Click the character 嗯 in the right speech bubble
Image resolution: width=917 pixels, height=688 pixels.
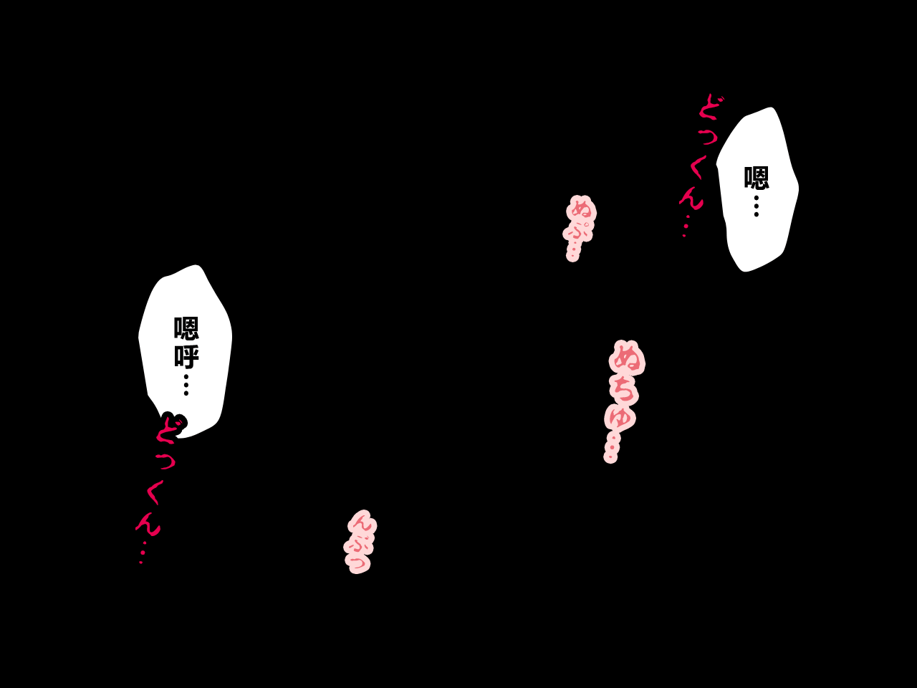[x=756, y=178]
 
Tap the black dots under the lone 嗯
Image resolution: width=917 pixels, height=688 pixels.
[x=756, y=206]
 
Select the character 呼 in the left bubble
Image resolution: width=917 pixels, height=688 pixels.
[x=186, y=357]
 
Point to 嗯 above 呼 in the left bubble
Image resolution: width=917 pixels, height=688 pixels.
[x=186, y=328]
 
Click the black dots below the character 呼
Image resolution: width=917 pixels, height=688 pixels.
[x=186, y=385]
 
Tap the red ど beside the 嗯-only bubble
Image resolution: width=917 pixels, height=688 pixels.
[x=711, y=107]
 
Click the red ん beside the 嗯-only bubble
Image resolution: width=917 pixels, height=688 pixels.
[x=691, y=198]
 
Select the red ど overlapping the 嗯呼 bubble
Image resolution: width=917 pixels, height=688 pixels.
[x=170, y=427]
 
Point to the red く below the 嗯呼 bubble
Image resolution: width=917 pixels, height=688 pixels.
[x=155, y=492]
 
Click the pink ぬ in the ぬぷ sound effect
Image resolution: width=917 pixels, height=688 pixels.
[x=582, y=208]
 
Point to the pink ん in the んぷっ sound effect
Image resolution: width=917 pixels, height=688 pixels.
[x=362, y=523]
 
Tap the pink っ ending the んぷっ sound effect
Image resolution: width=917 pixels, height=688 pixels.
[x=358, y=563]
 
